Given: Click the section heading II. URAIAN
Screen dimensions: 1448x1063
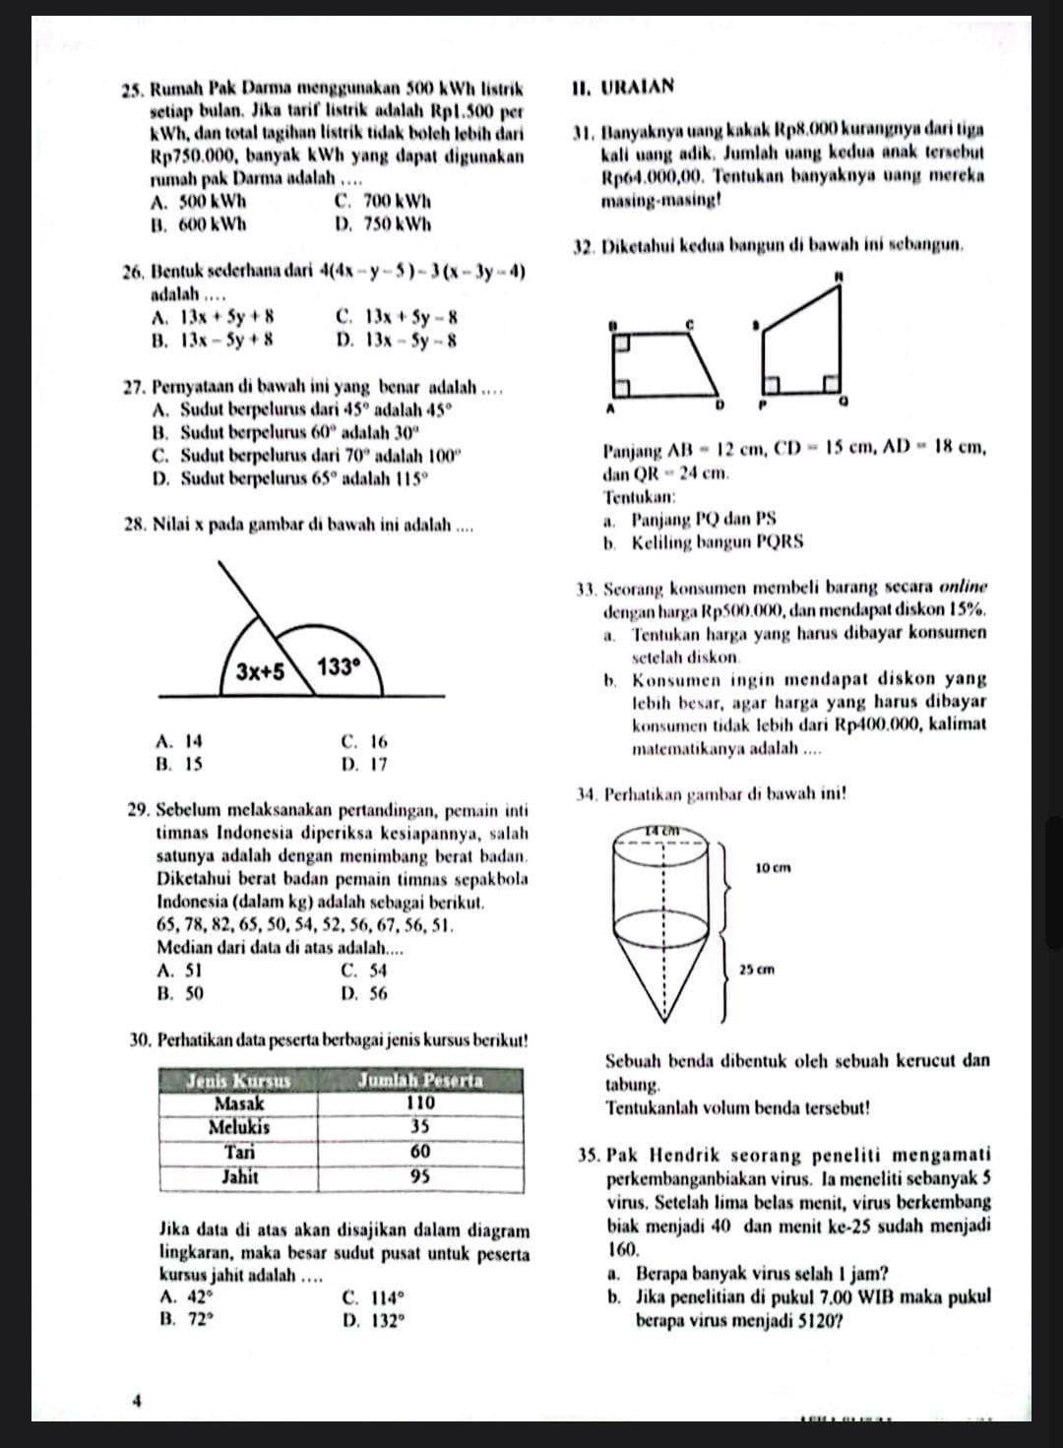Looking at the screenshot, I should click(622, 86).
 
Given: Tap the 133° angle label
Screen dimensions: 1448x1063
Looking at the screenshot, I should click(340, 667).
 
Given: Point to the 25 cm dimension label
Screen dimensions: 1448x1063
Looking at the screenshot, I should click(755, 969).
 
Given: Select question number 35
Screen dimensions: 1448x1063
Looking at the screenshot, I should click(592, 1155).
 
